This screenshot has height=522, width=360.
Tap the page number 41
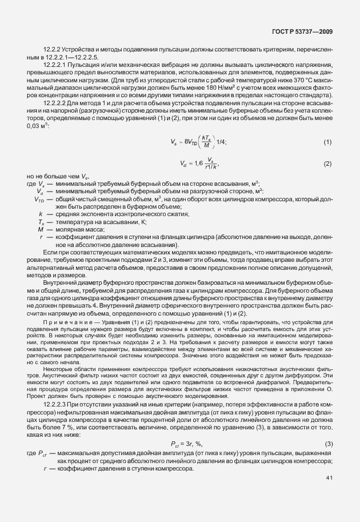329,493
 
